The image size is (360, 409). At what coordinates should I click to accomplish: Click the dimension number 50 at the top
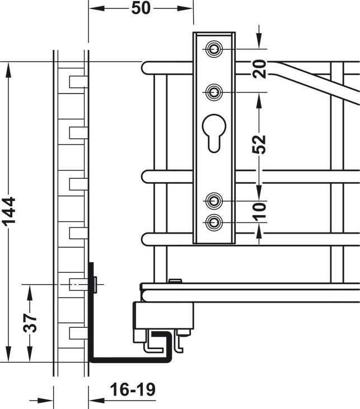(x=141, y=8)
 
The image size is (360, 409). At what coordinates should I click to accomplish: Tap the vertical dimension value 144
(x=8, y=211)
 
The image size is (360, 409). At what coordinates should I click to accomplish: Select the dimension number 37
(x=30, y=323)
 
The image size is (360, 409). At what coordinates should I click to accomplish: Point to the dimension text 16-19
(x=133, y=390)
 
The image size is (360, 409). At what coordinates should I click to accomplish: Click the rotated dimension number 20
(x=259, y=69)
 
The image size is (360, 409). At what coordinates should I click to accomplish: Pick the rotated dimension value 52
(x=259, y=144)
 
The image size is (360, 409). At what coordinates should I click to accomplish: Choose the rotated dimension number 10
(x=259, y=211)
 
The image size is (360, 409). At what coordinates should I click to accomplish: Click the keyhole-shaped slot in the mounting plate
(x=214, y=133)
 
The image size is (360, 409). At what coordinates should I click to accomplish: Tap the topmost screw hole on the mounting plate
(x=214, y=49)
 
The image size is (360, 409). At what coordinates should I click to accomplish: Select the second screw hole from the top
(x=214, y=92)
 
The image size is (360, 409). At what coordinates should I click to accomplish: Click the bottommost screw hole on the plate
(x=214, y=222)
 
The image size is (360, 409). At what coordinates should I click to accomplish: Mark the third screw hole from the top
(x=214, y=201)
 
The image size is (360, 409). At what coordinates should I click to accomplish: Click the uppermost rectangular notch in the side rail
(x=78, y=82)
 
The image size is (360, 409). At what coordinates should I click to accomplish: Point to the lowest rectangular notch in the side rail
(x=78, y=333)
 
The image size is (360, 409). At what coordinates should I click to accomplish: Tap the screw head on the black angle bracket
(x=95, y=285)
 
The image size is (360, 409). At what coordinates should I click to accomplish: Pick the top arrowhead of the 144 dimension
(x=8, y=70)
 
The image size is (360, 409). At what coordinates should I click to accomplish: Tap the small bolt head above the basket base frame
(x=175, y=281)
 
